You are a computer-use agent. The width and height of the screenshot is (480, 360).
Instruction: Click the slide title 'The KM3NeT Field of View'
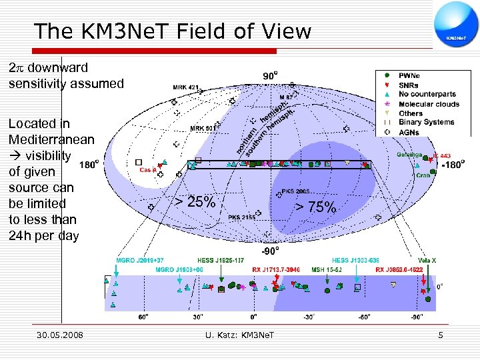pyautogui.click(x=172, y=31)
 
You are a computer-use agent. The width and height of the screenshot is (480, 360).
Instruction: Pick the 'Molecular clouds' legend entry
pyautogui.click(x=429, y=104)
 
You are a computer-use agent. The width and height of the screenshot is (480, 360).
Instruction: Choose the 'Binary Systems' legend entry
pyautogui.click(x=426, y=123)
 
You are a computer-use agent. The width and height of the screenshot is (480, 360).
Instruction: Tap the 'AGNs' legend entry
pyautogui.click(x=410, y=132)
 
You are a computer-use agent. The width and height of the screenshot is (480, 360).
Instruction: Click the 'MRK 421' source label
pyautogui.click(x=187, y=87)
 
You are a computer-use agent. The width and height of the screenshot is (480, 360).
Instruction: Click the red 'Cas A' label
pyautogui.click(x=148, y=170)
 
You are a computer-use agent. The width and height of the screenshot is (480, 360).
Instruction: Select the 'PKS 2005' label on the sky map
pyautogui.click(x=295, y=191)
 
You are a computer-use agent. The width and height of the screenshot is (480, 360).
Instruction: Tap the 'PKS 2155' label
pyautogui.click(x=242, y=217)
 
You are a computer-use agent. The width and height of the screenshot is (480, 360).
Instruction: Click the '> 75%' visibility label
pyautogui.click(x=316, y=208)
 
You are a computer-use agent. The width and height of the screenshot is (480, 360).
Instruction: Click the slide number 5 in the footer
pyautogui.click(x=441, y=334)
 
